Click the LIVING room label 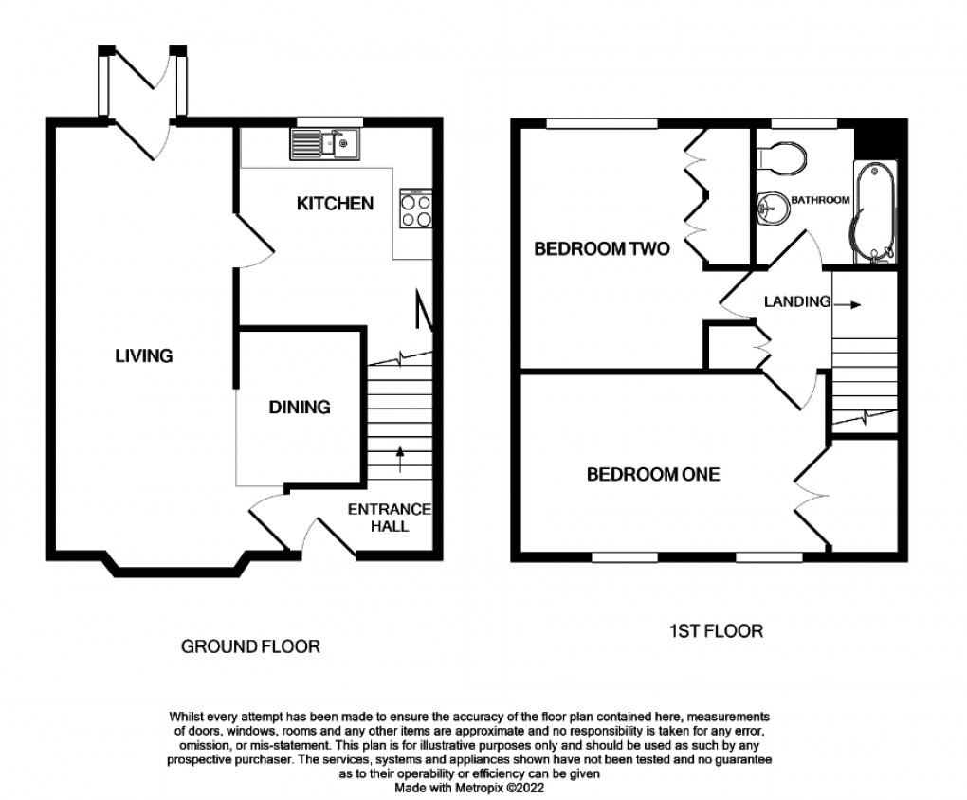[144, 356]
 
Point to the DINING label [300, 408]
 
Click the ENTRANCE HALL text [390, 517]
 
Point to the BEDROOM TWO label [602, 250]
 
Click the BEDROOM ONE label [652, 475]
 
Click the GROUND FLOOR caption [250, 646]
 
